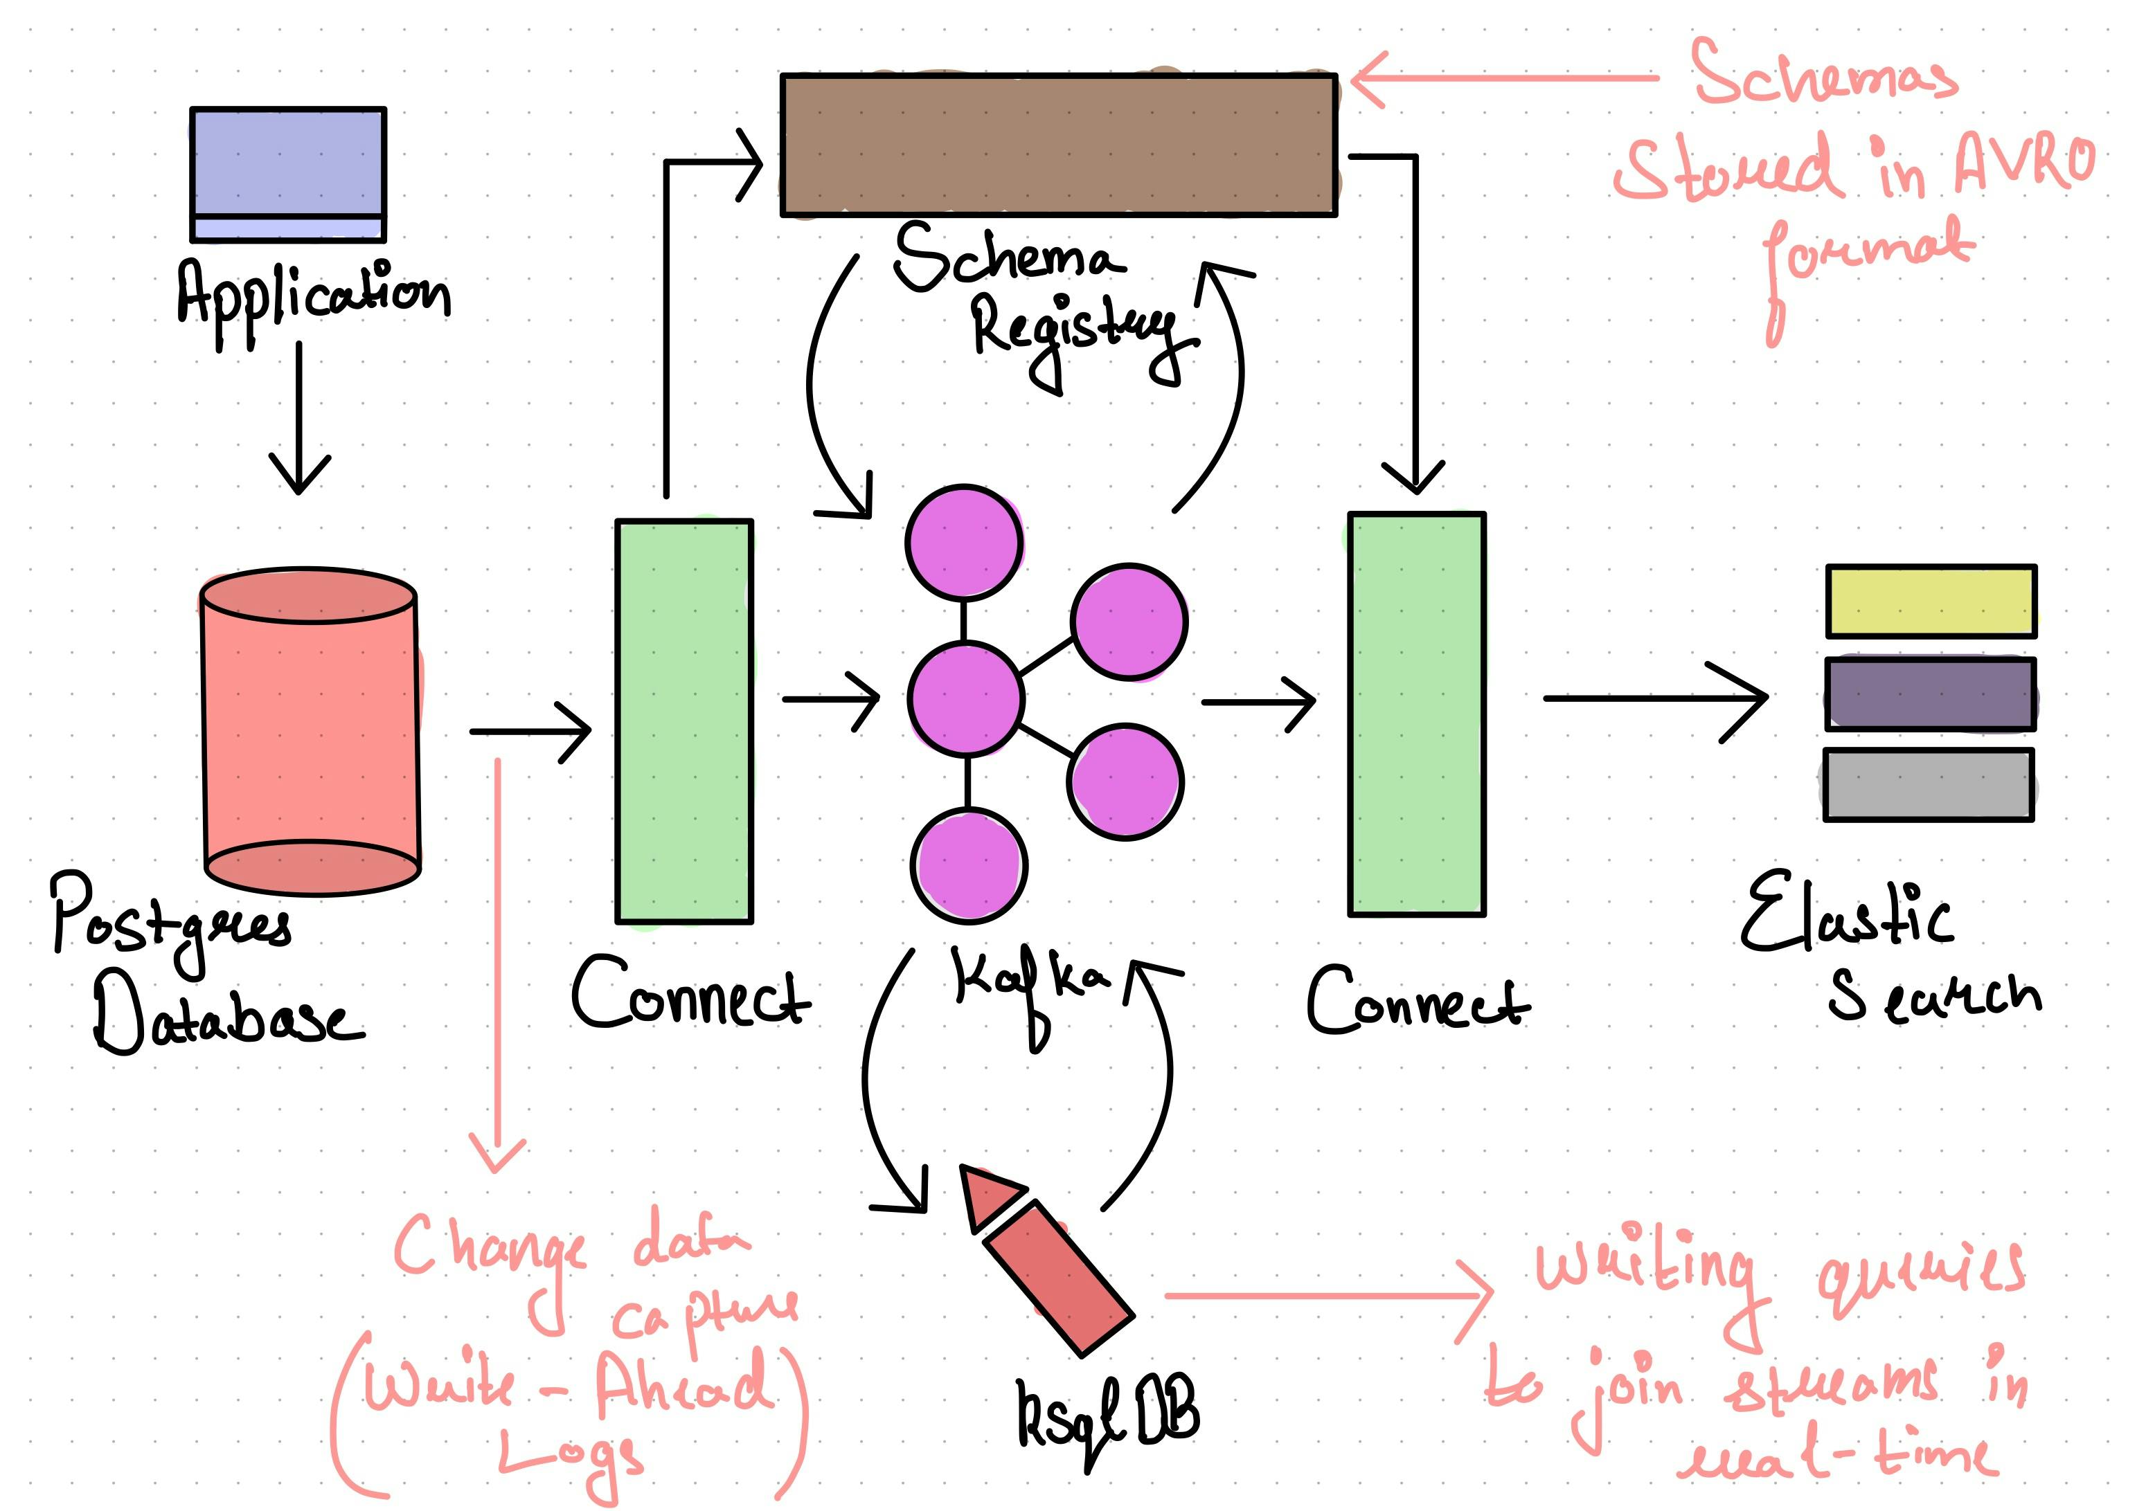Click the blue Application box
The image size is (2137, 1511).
287,173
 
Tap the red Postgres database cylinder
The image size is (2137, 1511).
311,730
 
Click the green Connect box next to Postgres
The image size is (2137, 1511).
684,721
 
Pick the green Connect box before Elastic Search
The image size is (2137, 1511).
1417,714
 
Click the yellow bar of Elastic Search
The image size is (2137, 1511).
1931,601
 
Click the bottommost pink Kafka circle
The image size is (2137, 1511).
969,865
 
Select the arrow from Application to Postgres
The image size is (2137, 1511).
298,419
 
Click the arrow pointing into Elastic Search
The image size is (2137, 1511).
1655,698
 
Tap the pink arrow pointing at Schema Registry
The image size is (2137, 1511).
1503,78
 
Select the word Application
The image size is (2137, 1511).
314,296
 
